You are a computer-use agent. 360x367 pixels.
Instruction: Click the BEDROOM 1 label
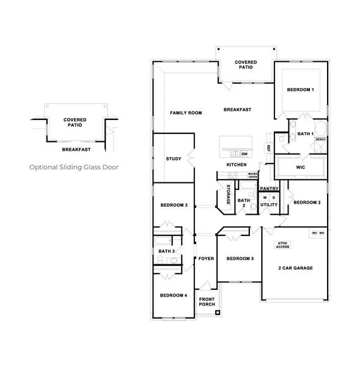tap(300, 90)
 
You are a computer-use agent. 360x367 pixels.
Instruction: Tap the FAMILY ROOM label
tap(186, 113)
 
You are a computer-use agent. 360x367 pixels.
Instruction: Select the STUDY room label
tap(174, 159)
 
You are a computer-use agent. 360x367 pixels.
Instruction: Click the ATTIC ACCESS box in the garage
tap(282, 245)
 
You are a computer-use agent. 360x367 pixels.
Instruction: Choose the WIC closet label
tap(300, 166)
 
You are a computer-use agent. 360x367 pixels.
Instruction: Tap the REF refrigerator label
tap(268, 148)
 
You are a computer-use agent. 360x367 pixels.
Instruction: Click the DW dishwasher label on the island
tap(244, 154)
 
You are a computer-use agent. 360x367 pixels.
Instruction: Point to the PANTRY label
tap(269, 188)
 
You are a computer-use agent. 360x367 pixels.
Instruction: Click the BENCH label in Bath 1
tap(320, 139)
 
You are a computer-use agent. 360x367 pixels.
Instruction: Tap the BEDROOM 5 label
tap(240, 259)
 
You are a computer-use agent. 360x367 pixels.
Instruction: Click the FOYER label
tap(206, 259)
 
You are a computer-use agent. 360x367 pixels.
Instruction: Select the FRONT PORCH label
tap(207, 302)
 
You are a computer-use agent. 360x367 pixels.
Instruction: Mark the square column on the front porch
tap(217, 311)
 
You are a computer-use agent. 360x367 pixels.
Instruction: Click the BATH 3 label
tap(166, 251)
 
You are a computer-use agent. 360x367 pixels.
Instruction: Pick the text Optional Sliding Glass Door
tap(74, 166)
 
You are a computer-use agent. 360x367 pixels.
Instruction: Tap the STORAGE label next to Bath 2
tap(229, 194)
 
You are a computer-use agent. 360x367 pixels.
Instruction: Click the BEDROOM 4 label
tap(174, 295)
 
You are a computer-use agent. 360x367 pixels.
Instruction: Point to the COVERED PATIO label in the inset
tap(74, 122)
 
